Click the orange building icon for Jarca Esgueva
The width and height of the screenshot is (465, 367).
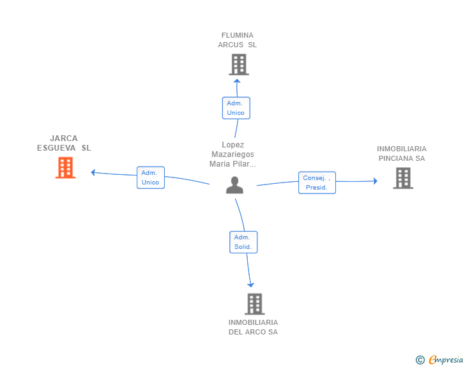pyautogui.click(x=66, y=168)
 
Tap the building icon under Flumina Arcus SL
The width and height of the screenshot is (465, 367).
pyautogui.click(x=239, y=64)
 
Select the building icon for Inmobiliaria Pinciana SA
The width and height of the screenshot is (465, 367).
pyautogui.click(x=403, y=178)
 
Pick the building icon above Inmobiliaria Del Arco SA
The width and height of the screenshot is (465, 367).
pyautogui.click(x=255, y=304)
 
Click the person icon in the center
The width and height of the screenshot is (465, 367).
pyautogui.click(x=234, y=185)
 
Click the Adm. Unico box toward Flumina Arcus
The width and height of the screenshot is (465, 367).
pyautogui.click(x=236, y=108)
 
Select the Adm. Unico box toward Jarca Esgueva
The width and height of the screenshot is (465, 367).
pyautogui.click(x=151, y=177)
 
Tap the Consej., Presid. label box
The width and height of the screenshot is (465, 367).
pyautogui.click(x=317, y=183)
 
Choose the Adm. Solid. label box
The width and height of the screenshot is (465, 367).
pyautogui.click(x=243, y=242)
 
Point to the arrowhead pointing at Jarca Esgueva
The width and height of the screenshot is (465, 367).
pyautogui.click(x=93, y=172)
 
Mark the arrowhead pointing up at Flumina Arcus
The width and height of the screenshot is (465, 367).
pyautogui.click(x=236, y=81)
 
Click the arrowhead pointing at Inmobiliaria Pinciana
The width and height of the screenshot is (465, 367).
pyautogui.click(x=376, y=181)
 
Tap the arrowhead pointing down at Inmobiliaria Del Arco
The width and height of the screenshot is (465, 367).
pyautogui.click(x=251, y=285)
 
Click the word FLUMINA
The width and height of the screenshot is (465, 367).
pyautogui.click(x=238, y=35)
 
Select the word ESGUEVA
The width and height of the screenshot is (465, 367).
pyautogui.click(x=56, y=148)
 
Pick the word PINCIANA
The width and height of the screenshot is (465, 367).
pyautogui.click(x=395, y=158)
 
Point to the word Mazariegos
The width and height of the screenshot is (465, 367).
pyautogui.click(x=232, y=154)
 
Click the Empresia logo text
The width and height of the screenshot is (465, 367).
pyautogui.click(x=446, y=359)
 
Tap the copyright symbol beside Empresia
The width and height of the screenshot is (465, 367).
pyautogui.click(x=420, y=360)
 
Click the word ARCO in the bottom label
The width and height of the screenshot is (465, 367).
pyautogui.click(x=257, y=332)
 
